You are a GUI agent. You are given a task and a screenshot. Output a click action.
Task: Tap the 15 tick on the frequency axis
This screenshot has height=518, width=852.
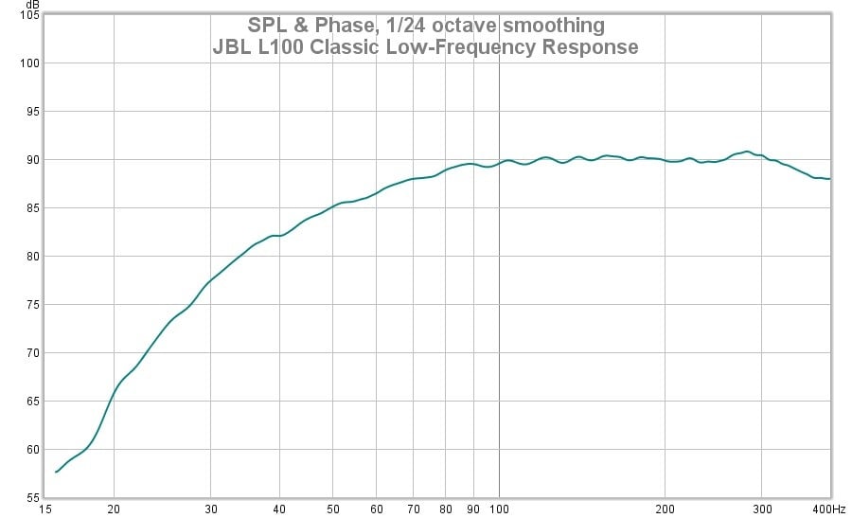click(45, 508)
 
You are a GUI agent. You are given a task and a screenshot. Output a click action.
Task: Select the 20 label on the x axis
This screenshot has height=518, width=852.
click(114, 508)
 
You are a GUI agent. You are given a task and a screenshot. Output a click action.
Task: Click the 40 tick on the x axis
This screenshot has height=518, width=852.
click(280, 508)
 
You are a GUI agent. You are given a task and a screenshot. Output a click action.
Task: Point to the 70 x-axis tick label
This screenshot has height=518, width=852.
click(414, 508)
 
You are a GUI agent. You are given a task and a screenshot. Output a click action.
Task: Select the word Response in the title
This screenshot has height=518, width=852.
click(590, 46)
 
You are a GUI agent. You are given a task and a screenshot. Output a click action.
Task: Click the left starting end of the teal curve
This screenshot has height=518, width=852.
click(56, 472)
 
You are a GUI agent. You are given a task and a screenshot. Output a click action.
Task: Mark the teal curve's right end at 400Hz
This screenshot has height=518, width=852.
click(830, 179)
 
